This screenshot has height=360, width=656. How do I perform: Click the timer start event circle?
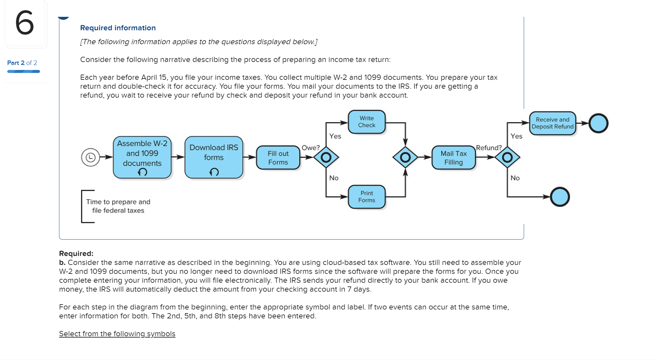coord(90,157)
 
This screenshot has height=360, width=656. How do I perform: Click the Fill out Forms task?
coord(278,158)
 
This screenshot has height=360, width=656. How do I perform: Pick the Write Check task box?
coord(366,122)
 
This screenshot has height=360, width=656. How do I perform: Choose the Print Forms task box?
coord(366,197)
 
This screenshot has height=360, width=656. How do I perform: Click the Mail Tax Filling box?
coord(453,158)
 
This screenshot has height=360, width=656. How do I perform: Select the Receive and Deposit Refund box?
coord(552,123)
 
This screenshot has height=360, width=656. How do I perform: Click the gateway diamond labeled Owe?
coord(326,157)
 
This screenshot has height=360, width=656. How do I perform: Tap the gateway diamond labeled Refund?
coord(507,157)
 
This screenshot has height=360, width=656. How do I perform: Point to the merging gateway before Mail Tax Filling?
coord(405,157)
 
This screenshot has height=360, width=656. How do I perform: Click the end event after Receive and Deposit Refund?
coord(598,123)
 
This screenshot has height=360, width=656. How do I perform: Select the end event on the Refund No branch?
coord(560,197)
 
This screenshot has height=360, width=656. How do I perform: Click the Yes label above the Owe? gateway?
coord(335,136)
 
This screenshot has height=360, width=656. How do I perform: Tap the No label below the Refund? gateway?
coord(515,178)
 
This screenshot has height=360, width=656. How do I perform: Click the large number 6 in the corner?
coord(25,23)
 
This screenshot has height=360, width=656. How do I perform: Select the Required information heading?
coord(118,28)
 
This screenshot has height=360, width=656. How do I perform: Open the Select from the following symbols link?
coord(117,334)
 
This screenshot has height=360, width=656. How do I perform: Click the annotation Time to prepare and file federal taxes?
coord(118,206)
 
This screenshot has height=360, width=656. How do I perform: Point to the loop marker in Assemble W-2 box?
coord(142,172)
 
